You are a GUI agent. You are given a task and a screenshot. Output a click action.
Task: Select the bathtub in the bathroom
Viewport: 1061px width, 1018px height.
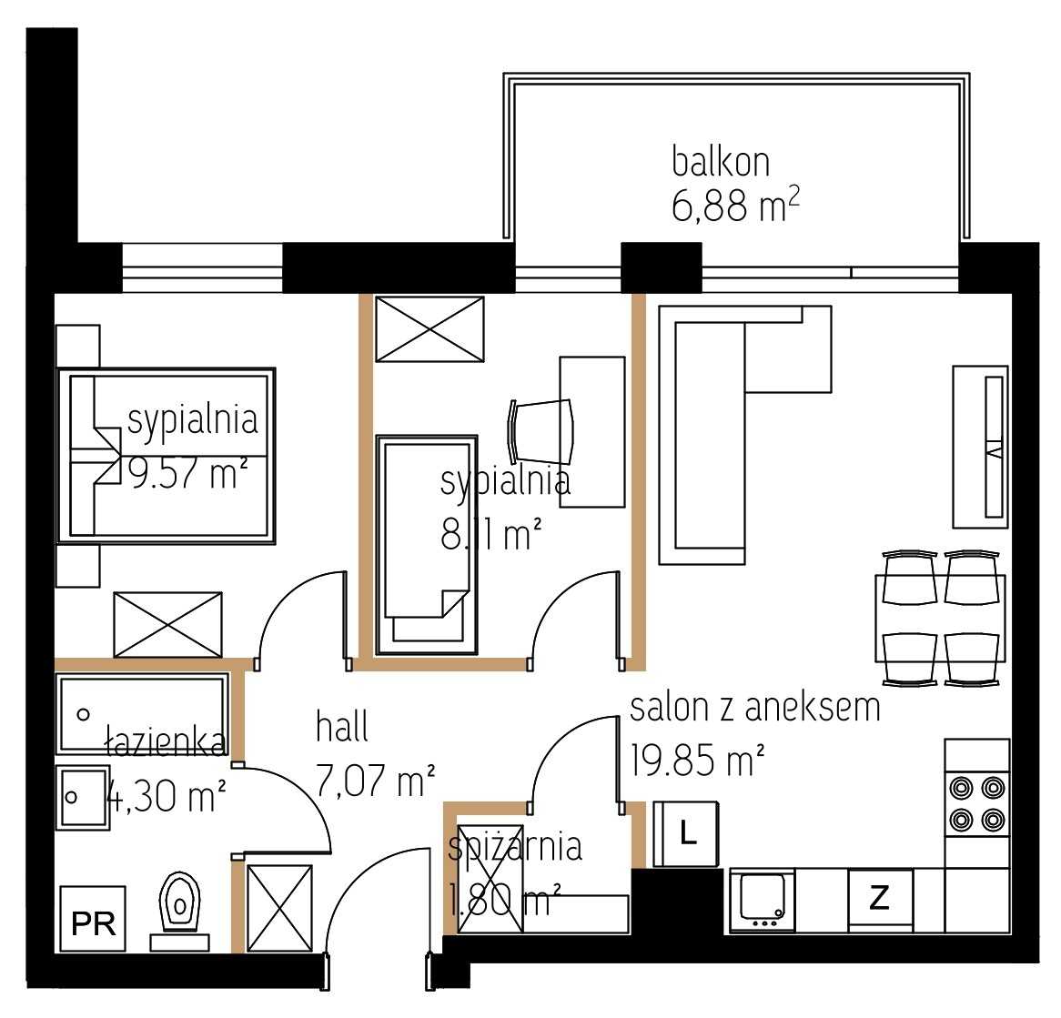point(142,713)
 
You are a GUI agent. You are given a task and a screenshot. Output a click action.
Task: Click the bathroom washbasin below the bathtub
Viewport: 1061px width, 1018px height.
point(83,798)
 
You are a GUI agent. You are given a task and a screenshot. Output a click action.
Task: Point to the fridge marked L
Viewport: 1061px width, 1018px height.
point(685,833)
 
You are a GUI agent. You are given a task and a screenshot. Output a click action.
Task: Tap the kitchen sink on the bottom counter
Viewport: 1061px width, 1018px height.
point(763,902)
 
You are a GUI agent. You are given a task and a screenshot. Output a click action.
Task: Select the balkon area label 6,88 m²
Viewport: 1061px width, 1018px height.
point(735,205)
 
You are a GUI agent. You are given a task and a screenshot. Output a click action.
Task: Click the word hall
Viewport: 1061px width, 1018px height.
point(342,727)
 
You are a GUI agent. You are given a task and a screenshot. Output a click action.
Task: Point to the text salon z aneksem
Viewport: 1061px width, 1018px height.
point(755,708)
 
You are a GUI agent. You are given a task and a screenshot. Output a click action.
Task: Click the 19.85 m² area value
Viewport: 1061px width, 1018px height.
point(698,760)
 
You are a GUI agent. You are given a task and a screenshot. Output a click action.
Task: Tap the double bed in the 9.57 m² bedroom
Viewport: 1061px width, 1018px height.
point(167,456)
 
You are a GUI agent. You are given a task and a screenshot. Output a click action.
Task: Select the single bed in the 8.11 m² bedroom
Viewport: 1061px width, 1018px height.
point(427,545)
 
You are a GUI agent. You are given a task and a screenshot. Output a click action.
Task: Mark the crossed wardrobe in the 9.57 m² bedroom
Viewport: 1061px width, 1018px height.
point(167,624)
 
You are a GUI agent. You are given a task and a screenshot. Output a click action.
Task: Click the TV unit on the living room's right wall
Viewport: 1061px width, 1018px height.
point(981,447)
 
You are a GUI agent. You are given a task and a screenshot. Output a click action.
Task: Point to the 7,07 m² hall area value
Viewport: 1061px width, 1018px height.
point(375,780)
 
